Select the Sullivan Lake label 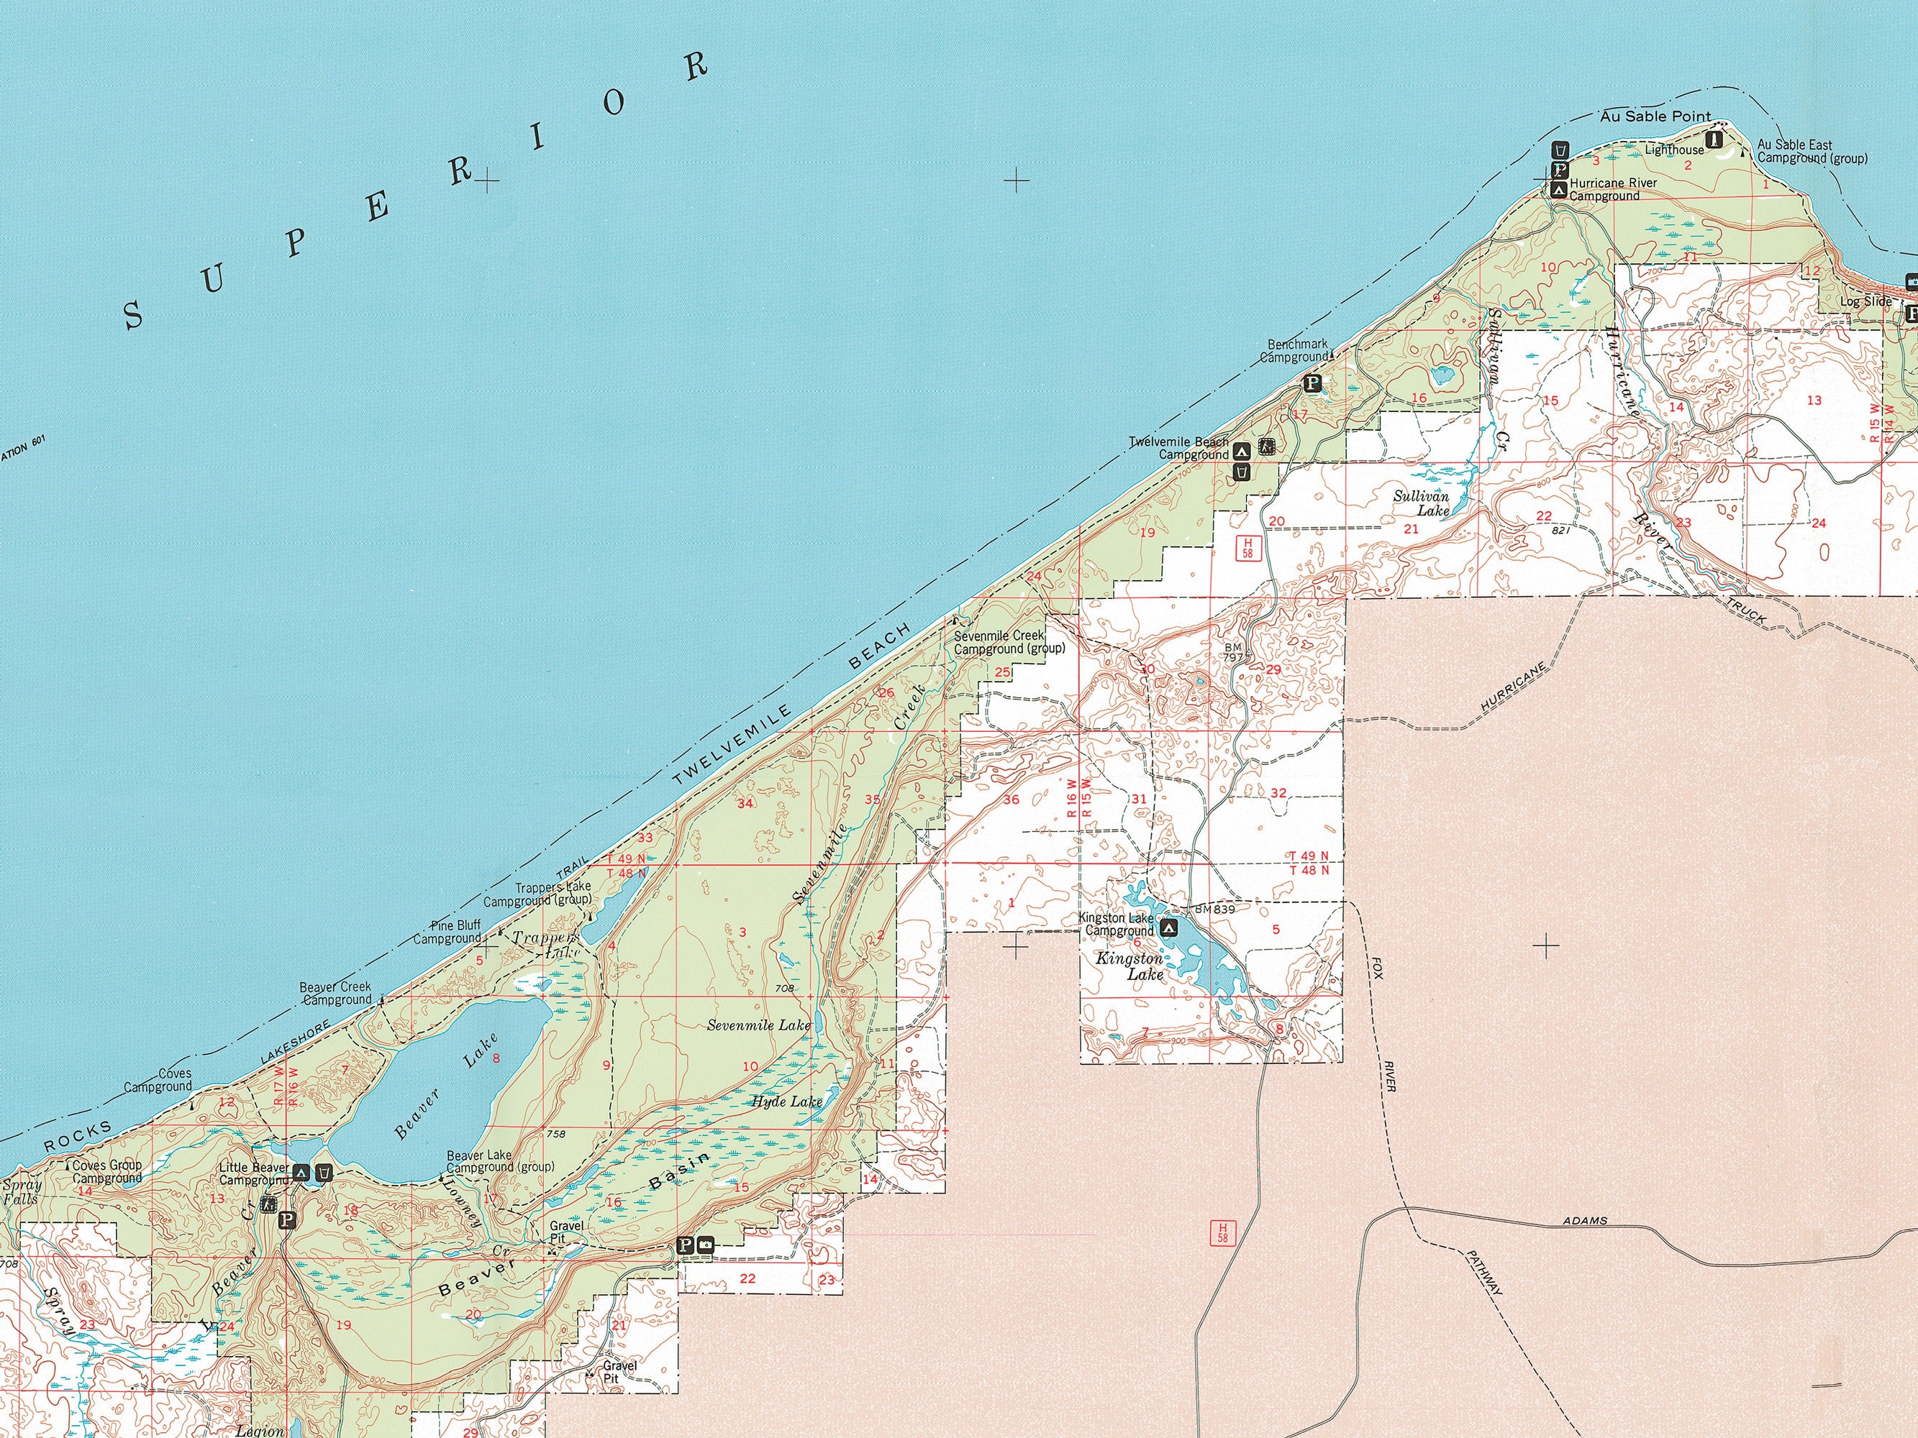[x=1421, y=503]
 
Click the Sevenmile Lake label [x=759, y=1025]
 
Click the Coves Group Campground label [x=106, y=1172]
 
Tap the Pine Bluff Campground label [x=447, y=932]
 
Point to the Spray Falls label [x=21, y=1192]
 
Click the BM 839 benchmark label [x=1214, y=910]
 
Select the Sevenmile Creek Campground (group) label [x=1009, y=641]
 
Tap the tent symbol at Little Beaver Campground [x=301, y=1173]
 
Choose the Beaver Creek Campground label [x=335, y=994]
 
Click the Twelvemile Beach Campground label [x=1179, y=448]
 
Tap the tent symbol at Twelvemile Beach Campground [x=1242, y=450]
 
